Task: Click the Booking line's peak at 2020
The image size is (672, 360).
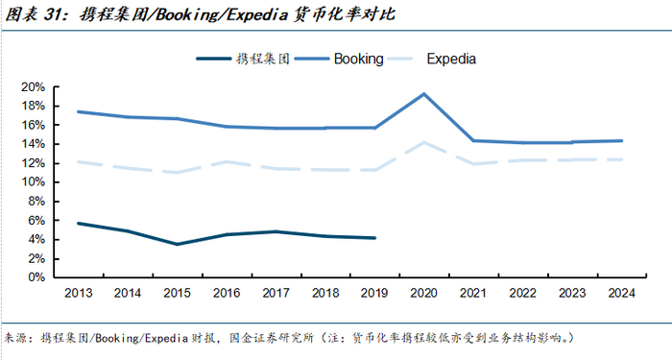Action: point(424,94)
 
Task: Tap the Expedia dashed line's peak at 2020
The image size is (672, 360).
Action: point(424,142)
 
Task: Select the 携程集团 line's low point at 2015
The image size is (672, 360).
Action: point(177,244)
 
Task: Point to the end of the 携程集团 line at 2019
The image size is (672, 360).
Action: point(375,238)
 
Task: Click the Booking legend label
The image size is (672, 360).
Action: point(359,59)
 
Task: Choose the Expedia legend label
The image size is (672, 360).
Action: point(451,59)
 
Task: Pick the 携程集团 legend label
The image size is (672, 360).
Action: point(263,59)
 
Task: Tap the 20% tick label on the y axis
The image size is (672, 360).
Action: point(33,87)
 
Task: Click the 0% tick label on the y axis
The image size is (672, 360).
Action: point(36,277)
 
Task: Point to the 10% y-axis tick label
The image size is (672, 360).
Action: point(33,182)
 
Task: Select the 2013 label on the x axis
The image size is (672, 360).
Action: point(79,293)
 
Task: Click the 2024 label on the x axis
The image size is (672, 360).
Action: point(621,293)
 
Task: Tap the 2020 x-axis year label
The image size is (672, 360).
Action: point(424,293)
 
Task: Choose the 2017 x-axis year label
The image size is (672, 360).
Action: point(276,293)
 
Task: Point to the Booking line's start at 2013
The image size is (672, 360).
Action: point(79,112)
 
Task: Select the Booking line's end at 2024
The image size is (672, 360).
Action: point(621,140)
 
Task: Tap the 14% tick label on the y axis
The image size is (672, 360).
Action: point(33,144)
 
